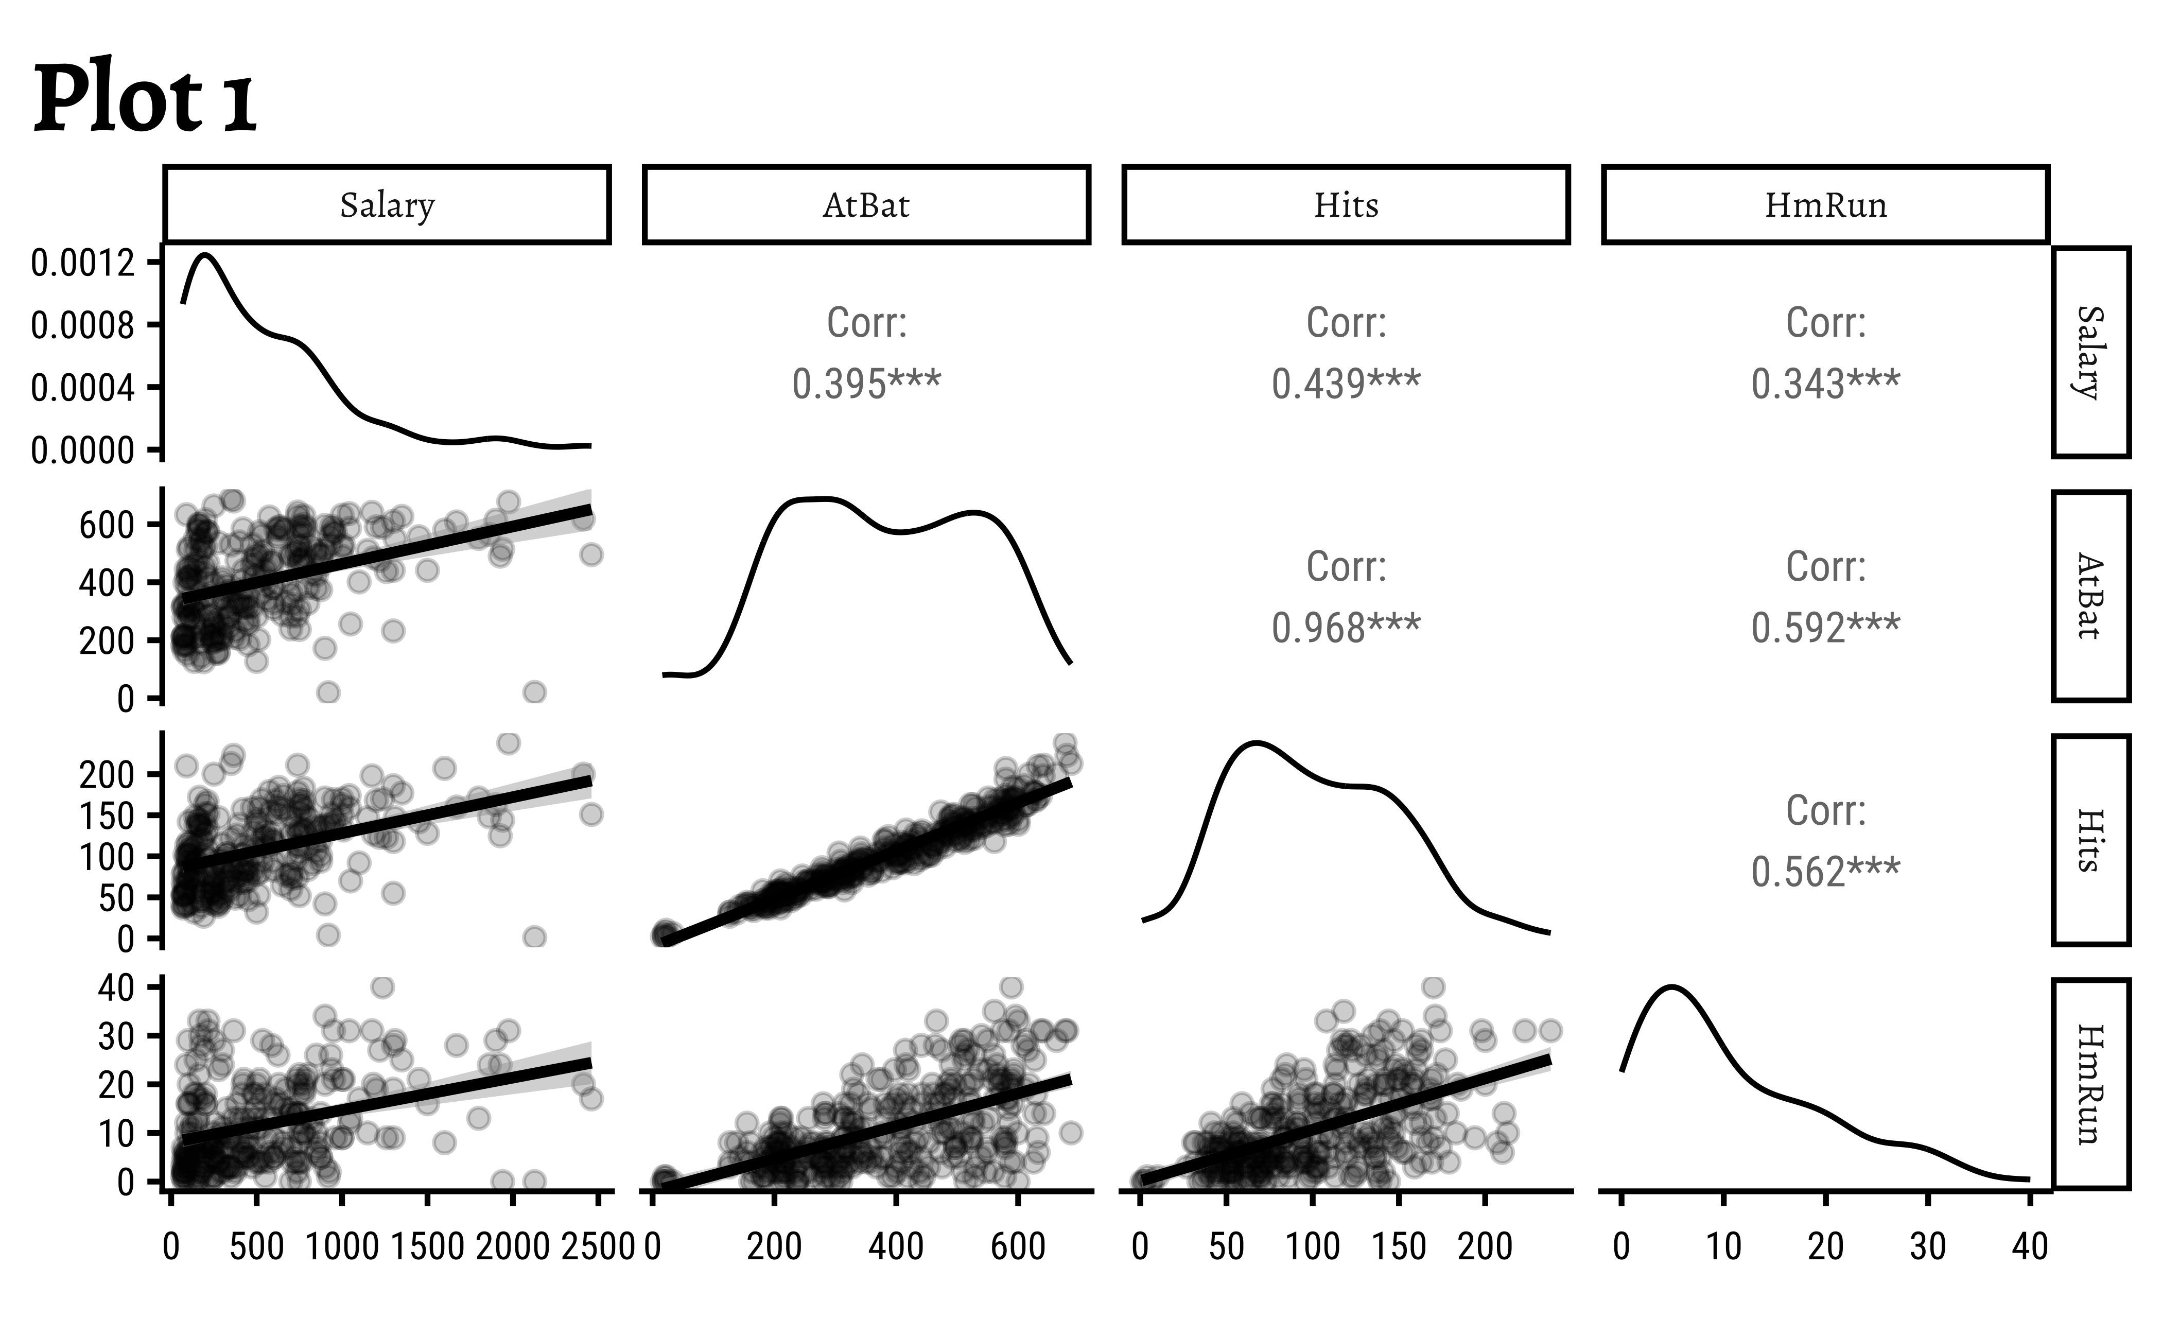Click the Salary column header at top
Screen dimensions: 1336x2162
pyautogui.click(x=387, y=205)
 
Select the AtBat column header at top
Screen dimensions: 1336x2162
pyautogui.click(x=866, y=205)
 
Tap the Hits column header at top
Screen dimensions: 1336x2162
pyautogui.click(x=1346, y=205)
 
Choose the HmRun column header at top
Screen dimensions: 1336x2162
pyautogui.click(x=1825, y=205)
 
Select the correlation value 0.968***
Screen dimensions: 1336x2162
pyautogui.click(x=1346, y=628)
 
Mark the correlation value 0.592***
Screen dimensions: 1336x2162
pyautogui.click(x=1825, y=628)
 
